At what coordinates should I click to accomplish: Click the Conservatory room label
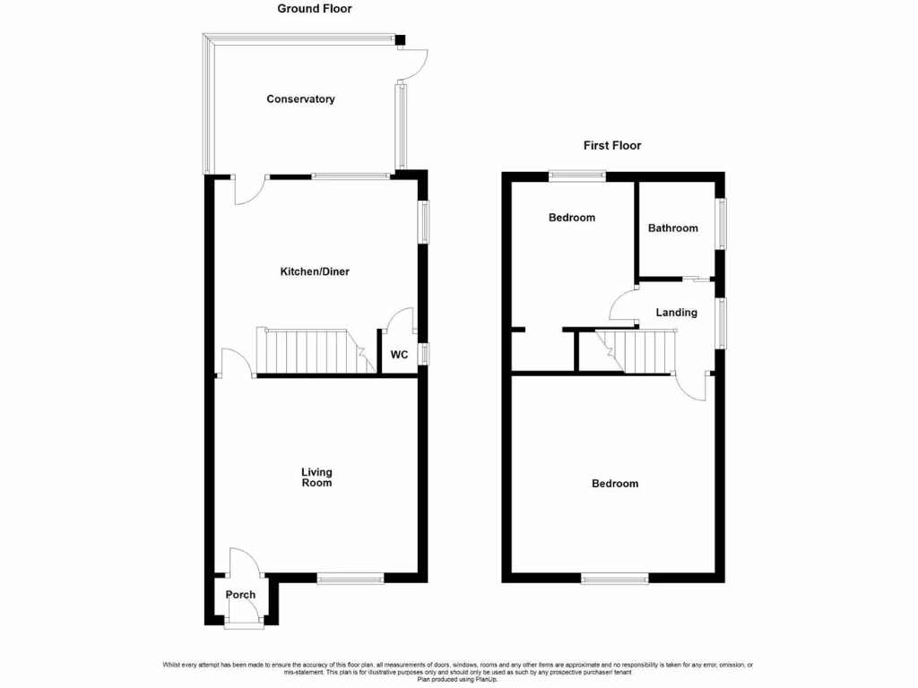(300, 99)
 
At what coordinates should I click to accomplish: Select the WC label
(399, 355)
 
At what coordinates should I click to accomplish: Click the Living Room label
(316, 477)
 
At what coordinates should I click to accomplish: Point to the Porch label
(240, 595)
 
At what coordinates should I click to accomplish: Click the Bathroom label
(672, 228)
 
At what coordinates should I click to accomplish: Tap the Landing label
(676, 313)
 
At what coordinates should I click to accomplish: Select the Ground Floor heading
(314, 9)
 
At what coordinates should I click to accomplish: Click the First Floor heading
(612, 145)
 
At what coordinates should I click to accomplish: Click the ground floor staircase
(309, 351)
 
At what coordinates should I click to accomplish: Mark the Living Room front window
(351, 579)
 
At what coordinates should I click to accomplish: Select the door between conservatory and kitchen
(248, 189)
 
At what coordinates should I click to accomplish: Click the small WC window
(425, 354)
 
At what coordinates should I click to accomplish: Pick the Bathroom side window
(722, 224)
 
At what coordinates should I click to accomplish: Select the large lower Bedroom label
(615, 484)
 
